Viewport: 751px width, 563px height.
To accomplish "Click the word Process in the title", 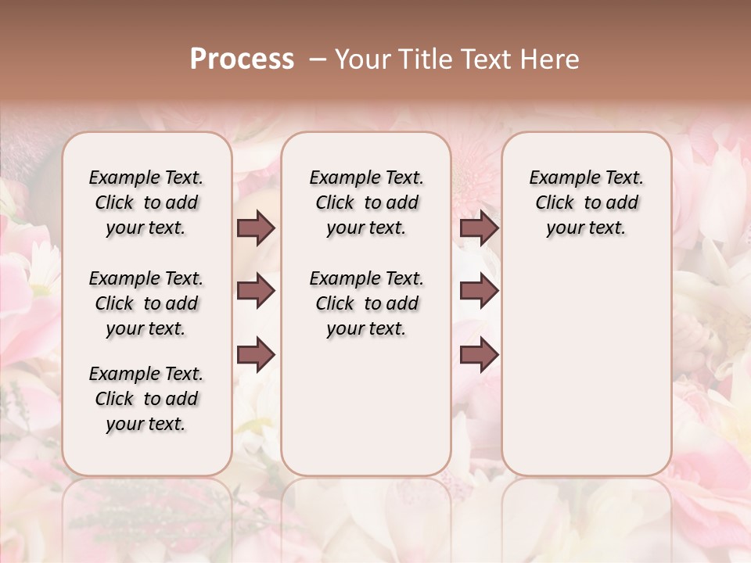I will (x=242, y=59).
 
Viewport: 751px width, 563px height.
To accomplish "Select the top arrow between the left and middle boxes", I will (x=256, y=228).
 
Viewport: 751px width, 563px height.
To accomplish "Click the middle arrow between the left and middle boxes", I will (x=256, y=292).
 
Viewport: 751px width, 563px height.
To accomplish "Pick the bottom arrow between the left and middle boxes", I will (x=256, y=356).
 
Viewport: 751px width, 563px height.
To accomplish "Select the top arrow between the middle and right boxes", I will (x=479, y=228).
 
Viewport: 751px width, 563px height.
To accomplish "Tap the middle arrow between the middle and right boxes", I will (x=479, y=292).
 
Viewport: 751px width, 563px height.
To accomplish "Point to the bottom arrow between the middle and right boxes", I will (x=479, y=356).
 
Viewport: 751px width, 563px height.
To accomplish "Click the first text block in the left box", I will (x=146, y=203).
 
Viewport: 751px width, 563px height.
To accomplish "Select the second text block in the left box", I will (x=146, y=303).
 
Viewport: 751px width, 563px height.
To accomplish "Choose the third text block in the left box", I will (x=146, y=399).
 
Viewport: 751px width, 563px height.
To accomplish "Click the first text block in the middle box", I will (x=366, y=203).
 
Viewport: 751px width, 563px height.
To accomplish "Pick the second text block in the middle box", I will (x=366, y=303).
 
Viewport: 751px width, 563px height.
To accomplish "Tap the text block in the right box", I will (x=587, y=203).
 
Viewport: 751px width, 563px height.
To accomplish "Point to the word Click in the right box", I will (x=555, y=203).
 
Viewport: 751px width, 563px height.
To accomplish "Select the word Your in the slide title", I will (x=363, y=59).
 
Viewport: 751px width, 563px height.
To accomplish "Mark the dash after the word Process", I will (x=318, y=59).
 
